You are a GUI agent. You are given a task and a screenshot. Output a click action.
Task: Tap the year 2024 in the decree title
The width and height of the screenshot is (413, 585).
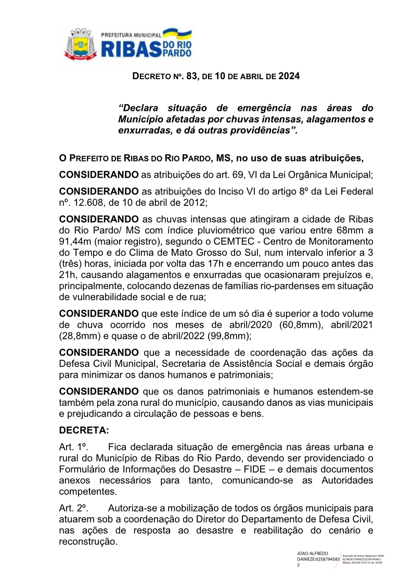pyautogui.click(x=289, y=76)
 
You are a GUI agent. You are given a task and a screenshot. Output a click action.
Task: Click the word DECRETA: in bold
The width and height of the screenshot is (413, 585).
pyautogui.click(x=83, y=431)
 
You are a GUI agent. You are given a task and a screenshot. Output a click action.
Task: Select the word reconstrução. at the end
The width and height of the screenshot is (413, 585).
pyautogui.click(x=88, y=542)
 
